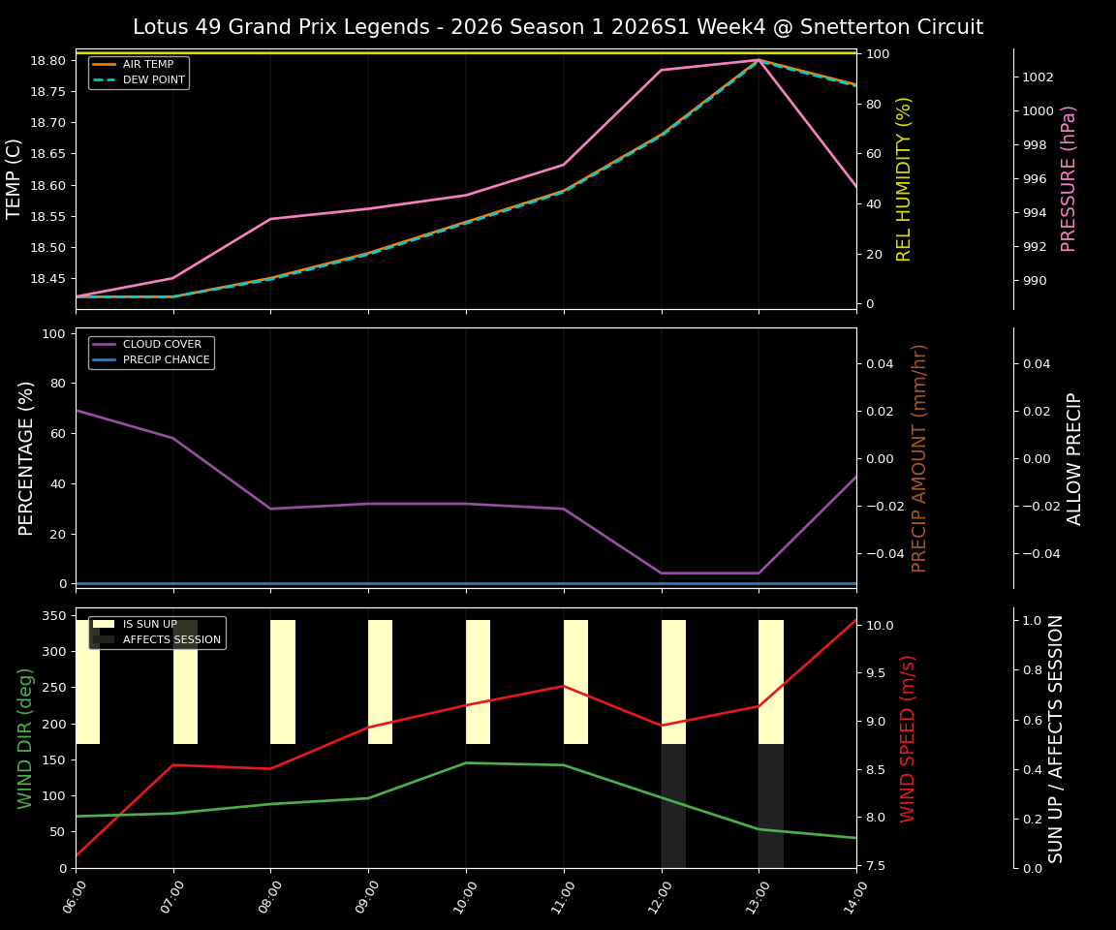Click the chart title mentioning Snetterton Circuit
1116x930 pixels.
[x=557, y=27]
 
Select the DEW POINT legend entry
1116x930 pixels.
[x=153, y=80]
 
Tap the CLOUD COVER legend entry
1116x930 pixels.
[x=162, y=345]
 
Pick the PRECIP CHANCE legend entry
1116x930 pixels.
[x=166, y=360]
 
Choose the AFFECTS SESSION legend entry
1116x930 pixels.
[x=171, y=640]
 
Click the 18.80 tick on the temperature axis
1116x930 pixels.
[x=48, y=61]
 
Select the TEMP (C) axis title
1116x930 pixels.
[x=15, y=178]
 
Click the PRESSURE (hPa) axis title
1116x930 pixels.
[x=1069, y=178]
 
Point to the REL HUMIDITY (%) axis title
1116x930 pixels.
[x=904, y=178]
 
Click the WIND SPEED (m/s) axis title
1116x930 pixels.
[x=908, y=738]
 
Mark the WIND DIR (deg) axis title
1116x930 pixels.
[x=26, y=738]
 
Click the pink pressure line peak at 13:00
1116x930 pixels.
[x=759, y=60]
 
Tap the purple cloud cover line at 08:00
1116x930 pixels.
[x=271, y=509]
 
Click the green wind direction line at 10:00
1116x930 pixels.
[x=466, y=762]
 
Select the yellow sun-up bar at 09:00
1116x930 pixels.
[x=380, y=682]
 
